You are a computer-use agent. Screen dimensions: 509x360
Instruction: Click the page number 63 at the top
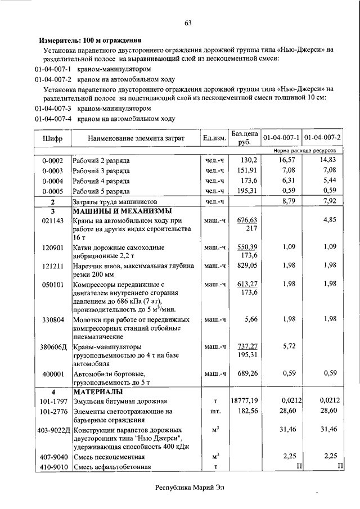[x=188, y=22]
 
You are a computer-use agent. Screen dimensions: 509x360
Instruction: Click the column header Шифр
[x=52, y=138]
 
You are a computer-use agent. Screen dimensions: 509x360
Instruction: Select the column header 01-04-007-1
[x=281, y=138]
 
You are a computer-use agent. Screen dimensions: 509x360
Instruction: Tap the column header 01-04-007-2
[x=323, y=138]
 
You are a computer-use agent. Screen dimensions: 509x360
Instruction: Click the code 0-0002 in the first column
[x=52, y=161]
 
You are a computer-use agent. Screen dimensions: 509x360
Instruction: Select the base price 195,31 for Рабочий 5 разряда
[x=247, y=191]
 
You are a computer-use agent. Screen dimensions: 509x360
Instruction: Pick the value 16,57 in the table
[x=286, y=161]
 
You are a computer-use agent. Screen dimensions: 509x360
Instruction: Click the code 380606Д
[x=52, y=346]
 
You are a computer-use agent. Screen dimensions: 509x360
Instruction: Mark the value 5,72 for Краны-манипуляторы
[x=289, y=346]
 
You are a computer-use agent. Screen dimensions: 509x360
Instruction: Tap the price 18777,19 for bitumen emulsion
[x=244, y=401]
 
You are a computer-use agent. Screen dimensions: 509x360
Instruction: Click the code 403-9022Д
[x=52, y=430]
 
